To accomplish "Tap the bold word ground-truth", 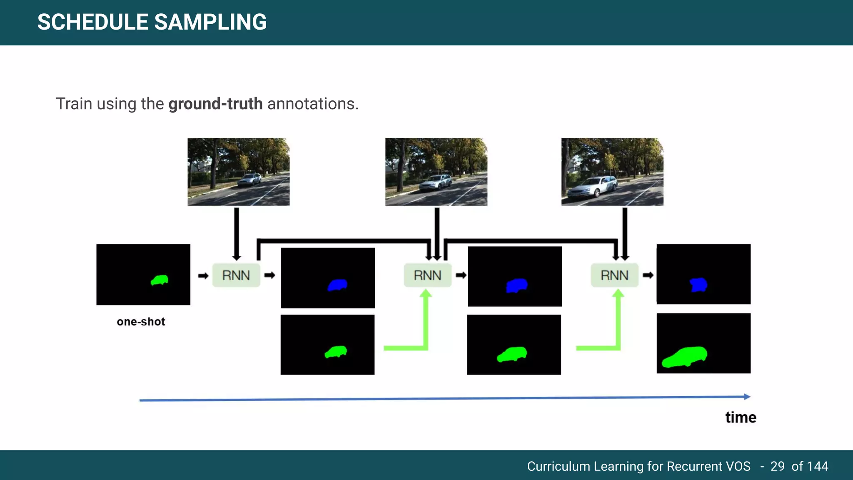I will [x=215, y=104].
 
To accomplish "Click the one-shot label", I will [x=141, y=322].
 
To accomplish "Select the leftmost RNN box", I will [x=236, y=275].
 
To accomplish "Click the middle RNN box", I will [x=427, y=275].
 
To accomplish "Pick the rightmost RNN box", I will [x=614, y=275].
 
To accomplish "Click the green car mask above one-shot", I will [x=160, y=280].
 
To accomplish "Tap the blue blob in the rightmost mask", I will [x=698, y=285].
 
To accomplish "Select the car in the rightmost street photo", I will [x=591, y=187].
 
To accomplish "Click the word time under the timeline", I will [x=741, y=417].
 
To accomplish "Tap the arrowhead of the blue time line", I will [x=747, y=397].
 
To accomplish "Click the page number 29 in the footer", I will [x=777, y=466].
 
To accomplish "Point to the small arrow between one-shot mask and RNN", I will [x=203, y=276].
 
